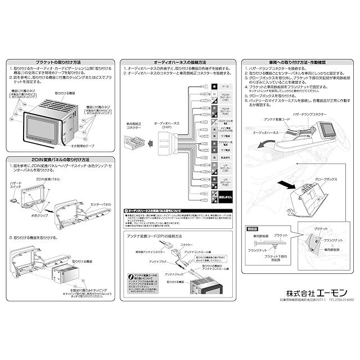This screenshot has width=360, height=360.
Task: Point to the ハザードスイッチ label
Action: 16,186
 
